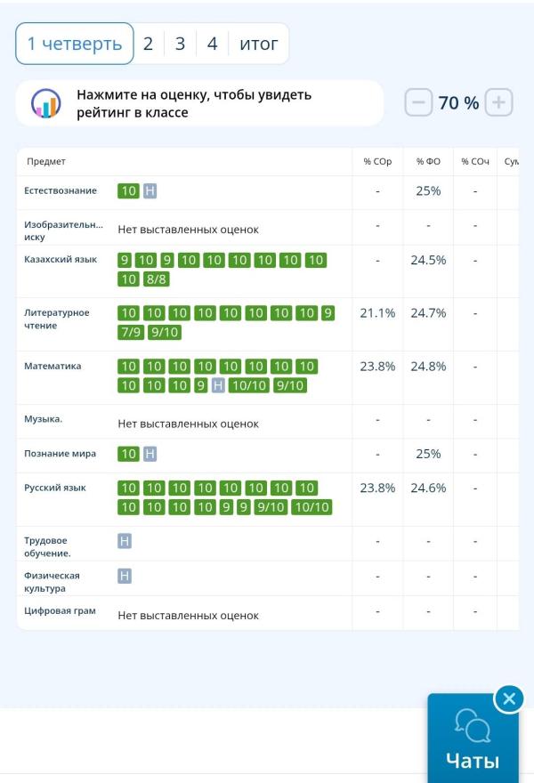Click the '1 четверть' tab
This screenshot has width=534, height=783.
point(75,44)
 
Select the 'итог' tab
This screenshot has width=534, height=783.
point(259,44)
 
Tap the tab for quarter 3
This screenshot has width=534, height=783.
point(180,44)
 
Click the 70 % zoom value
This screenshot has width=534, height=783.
point(458,103)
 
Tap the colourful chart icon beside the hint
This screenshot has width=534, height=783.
point(45,103)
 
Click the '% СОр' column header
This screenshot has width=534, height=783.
point(377,161)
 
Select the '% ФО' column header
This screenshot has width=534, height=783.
point(428,161)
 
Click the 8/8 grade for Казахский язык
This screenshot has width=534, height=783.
point(157,279)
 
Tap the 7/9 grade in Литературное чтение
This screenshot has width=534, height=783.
point(131,332)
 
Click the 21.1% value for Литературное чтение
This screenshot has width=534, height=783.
point(377,313)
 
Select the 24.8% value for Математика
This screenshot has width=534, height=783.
point(428,366)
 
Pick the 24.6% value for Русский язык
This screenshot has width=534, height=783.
point(428,488)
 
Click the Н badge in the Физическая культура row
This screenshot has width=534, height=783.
point(125,576)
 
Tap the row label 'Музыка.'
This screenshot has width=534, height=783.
point(43,418)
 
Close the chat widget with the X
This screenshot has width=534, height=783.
point(508,698)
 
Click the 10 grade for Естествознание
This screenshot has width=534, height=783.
point(128,190)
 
